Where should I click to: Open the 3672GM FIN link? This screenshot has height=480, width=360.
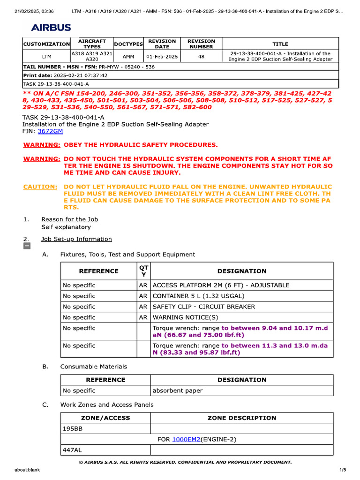tap(50, 131)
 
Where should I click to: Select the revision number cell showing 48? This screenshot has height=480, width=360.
tap(201, 56)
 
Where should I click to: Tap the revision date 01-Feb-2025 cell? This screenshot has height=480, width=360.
tap(162, 56)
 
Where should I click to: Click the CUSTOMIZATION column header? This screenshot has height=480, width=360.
tap(46, 44)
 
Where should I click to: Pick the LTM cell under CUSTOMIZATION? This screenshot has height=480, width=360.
tap(46, 56)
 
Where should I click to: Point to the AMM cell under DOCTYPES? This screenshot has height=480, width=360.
tap(128, 56)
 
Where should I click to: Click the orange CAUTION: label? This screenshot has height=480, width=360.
tap(40, 187)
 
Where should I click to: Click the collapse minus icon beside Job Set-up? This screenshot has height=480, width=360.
tap(27, 246)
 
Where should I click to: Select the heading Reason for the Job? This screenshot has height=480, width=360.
tap(69, 219)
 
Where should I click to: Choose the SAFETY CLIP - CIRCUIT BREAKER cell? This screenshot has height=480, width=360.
tap(204, 307)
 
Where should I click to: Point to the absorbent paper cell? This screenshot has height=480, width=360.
tap(178, 390)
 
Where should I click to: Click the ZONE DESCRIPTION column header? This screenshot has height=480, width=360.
tap(241, 418)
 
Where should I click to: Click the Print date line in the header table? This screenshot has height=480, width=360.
tap(66, 75)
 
